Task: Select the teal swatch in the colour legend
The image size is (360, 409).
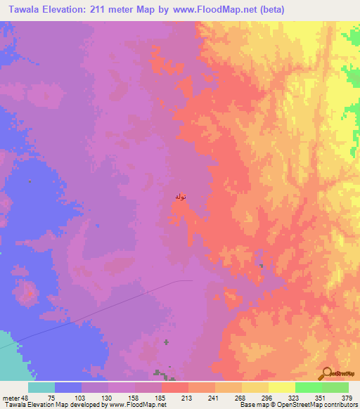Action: click(x=41, y=387)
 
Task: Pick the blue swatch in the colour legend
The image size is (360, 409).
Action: click(x=68, y=387)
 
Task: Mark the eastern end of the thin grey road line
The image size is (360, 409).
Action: click(x=192, y=280)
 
